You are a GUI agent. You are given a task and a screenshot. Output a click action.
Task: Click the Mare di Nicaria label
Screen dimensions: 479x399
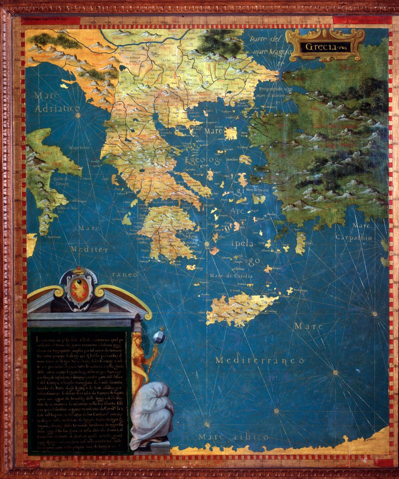[x=258, y=189]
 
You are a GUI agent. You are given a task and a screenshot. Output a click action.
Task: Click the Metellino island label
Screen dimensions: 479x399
[x=233, y=160]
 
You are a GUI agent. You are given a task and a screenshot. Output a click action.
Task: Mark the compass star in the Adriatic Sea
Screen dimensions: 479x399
[x=78, y=114]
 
